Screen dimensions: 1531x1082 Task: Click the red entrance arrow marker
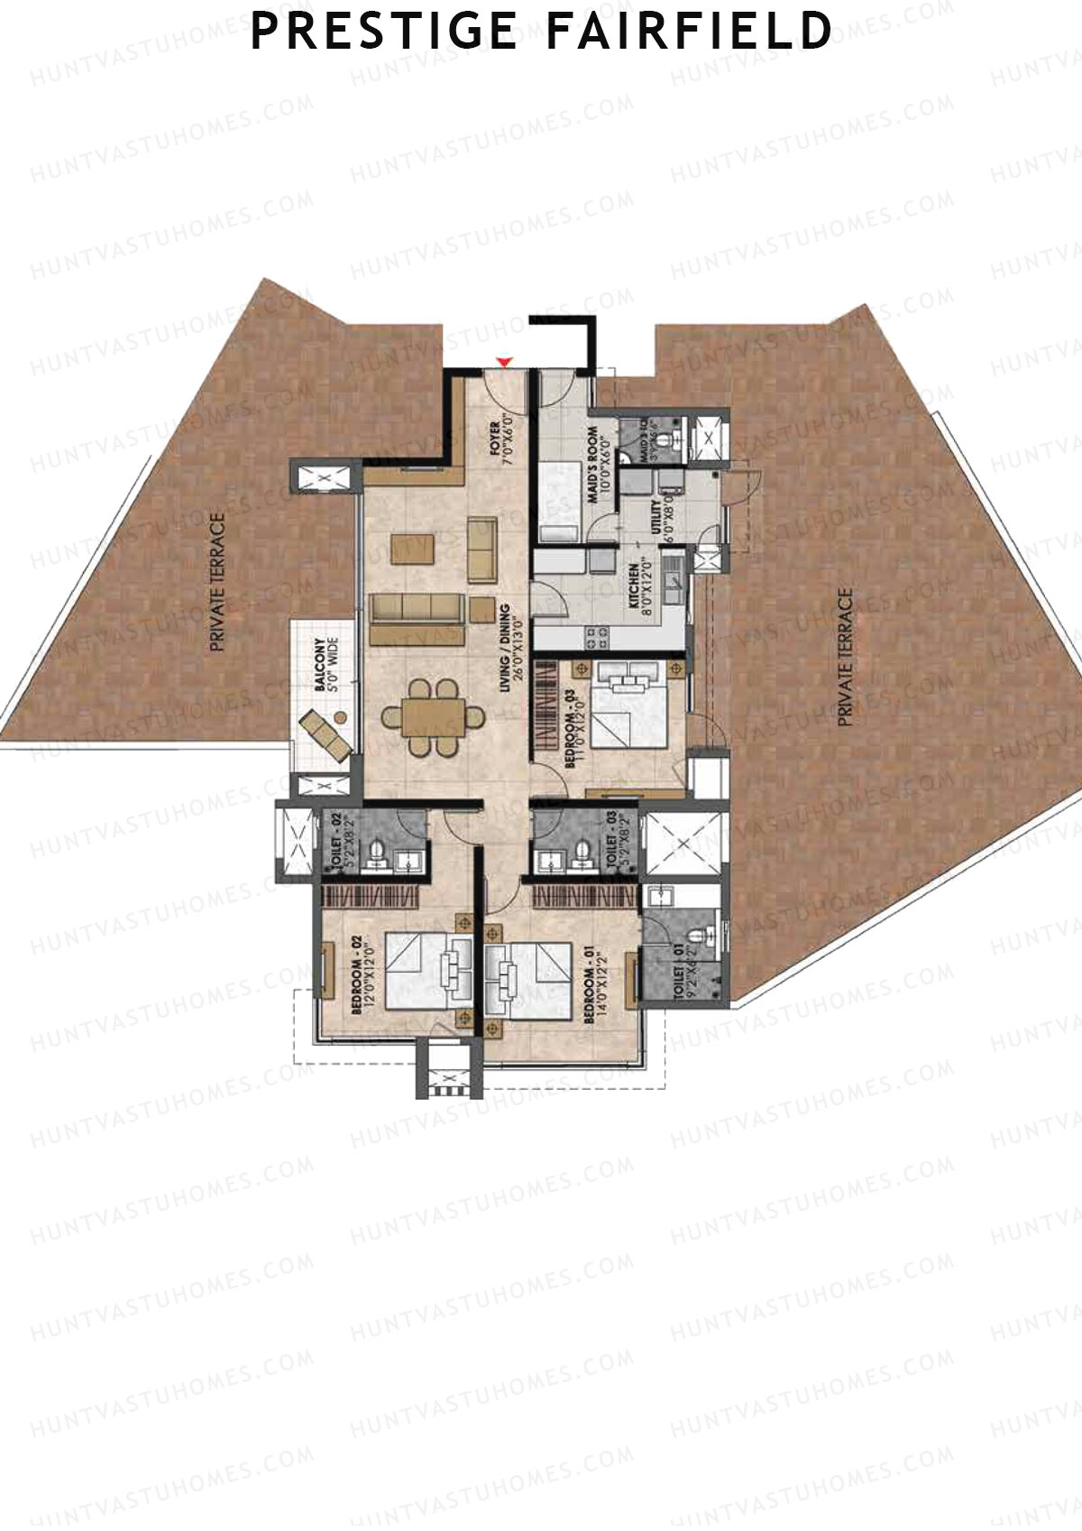[506, 362]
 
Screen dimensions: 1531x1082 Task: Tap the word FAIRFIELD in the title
[689, 31]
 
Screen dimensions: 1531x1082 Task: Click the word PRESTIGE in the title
[383, 31]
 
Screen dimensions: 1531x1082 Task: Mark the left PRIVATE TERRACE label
[216, 583]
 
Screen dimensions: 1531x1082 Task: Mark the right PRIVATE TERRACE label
[845, 658]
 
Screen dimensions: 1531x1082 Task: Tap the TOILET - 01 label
[683, 969]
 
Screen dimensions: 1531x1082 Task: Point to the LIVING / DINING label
[510, 648]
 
